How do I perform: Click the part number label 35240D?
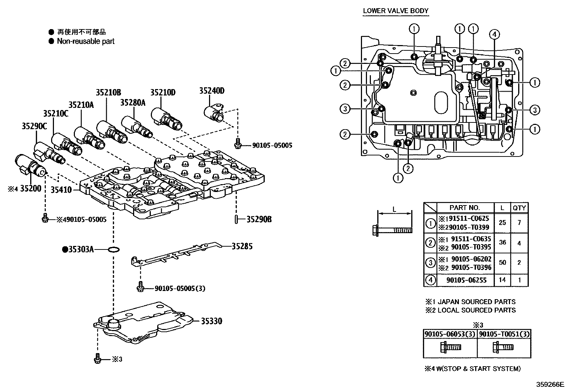(x=212, y=90)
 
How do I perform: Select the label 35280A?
(x=133, y=103)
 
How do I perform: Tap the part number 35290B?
(x=259, y=219)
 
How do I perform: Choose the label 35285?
(x=242, y=246)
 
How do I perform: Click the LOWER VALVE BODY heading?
(x=395, y=11)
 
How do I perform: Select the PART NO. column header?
(x=464, y=208)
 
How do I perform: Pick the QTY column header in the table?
(x=519, y=208)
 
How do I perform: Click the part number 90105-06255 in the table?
(x=467, y=280)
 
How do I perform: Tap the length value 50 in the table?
(x=502, y=263)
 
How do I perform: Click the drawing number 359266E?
(x=550, y=384)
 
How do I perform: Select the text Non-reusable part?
(x=86, y=41)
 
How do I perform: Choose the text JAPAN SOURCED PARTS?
(x=476, y=302)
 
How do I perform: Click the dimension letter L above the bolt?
(x=394, y=210)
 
